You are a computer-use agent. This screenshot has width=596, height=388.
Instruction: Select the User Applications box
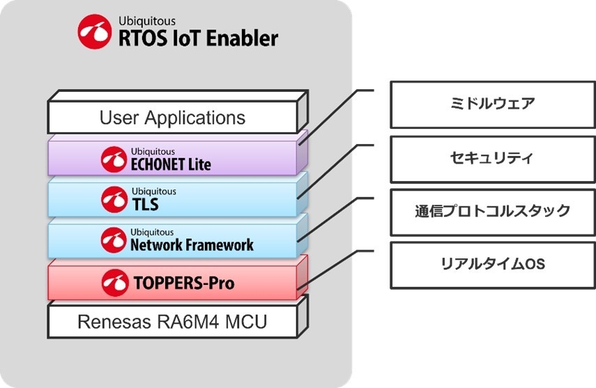tap(172, 117)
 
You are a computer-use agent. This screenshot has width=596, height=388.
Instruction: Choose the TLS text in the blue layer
tap(144, 204)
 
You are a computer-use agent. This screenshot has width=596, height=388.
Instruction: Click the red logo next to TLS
tap(114, 199)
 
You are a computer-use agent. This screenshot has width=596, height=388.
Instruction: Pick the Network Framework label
tap(192, 245)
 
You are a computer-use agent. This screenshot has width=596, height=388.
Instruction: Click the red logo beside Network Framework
tap(114, 240)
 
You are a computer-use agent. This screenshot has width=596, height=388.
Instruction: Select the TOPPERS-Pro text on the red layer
tap(183, 283)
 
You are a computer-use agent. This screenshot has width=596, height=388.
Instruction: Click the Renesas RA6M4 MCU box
tap(172, 322)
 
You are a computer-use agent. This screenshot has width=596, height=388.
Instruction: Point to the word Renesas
tap(109, 322)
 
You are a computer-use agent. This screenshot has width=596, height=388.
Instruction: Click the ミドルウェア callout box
tap(492, 104)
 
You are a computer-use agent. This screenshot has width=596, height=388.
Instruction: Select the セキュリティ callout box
tap(492, 158)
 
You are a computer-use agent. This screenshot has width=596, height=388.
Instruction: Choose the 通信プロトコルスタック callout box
tap(492, 211)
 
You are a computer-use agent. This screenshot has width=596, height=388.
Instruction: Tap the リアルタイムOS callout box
tap(492, 265)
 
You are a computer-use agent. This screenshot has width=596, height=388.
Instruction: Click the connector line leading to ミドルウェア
tap(335, 115)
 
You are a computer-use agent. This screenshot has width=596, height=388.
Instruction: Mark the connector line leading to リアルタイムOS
tap(335, 268)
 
